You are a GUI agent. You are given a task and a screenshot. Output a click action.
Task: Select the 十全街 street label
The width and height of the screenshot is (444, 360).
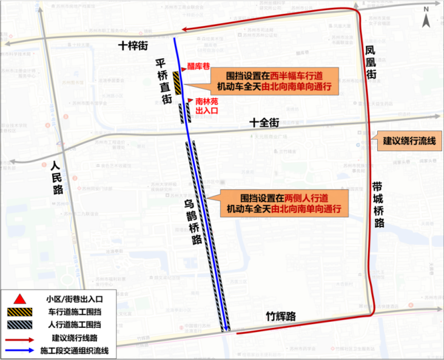tap(264, 123)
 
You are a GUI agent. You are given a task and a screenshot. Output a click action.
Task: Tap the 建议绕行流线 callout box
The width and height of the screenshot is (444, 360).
tap(409, 142)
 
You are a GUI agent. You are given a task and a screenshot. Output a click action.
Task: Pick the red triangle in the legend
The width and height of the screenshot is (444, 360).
tap(20, 299)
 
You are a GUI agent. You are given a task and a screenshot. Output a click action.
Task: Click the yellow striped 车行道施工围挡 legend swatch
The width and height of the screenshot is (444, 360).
tap(20, 312)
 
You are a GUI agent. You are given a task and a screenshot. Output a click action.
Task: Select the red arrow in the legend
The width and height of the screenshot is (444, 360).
tap(20, 338)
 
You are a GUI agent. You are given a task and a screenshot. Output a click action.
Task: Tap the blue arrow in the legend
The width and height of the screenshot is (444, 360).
tap(20, 351)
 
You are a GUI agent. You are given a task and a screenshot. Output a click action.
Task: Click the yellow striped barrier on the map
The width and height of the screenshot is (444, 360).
tap(177, 82)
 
